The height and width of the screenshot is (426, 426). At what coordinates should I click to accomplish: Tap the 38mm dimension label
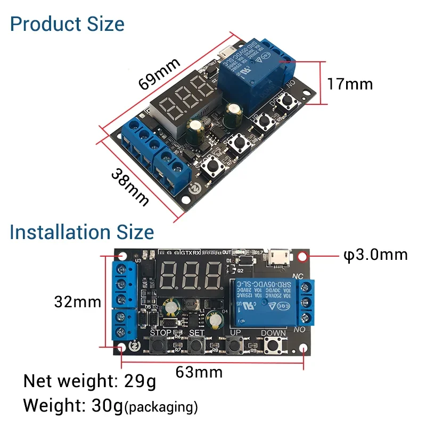click(x=130, y=186)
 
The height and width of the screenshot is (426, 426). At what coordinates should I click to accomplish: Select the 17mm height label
click(x=350, y=84)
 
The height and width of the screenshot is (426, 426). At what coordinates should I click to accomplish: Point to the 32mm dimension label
click(x=78, y=302)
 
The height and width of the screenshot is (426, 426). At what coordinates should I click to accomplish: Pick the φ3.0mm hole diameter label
click(x=375, y=255)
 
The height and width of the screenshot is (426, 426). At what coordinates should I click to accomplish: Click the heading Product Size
click(x=67, y=24)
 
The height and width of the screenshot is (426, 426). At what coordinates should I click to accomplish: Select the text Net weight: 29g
click(x=90, y=381)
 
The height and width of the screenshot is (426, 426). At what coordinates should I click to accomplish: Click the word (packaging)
click(x=161, y=408)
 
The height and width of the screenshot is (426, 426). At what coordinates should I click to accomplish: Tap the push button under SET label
click(x=198, y=346)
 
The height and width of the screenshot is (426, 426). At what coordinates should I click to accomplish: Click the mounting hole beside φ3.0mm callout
click(x=303, y=256)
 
